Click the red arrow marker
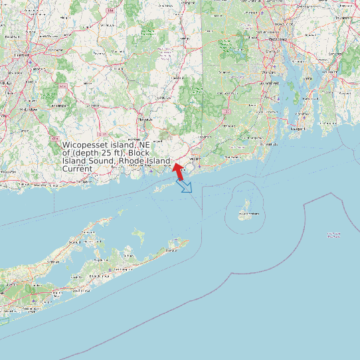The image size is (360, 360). tap(178, 170)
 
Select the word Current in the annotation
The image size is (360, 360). tap(77, 169)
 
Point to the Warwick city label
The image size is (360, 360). tap(270, 71)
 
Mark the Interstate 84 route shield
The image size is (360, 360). tap(110, 11)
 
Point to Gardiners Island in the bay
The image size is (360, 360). tap(138, 234)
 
